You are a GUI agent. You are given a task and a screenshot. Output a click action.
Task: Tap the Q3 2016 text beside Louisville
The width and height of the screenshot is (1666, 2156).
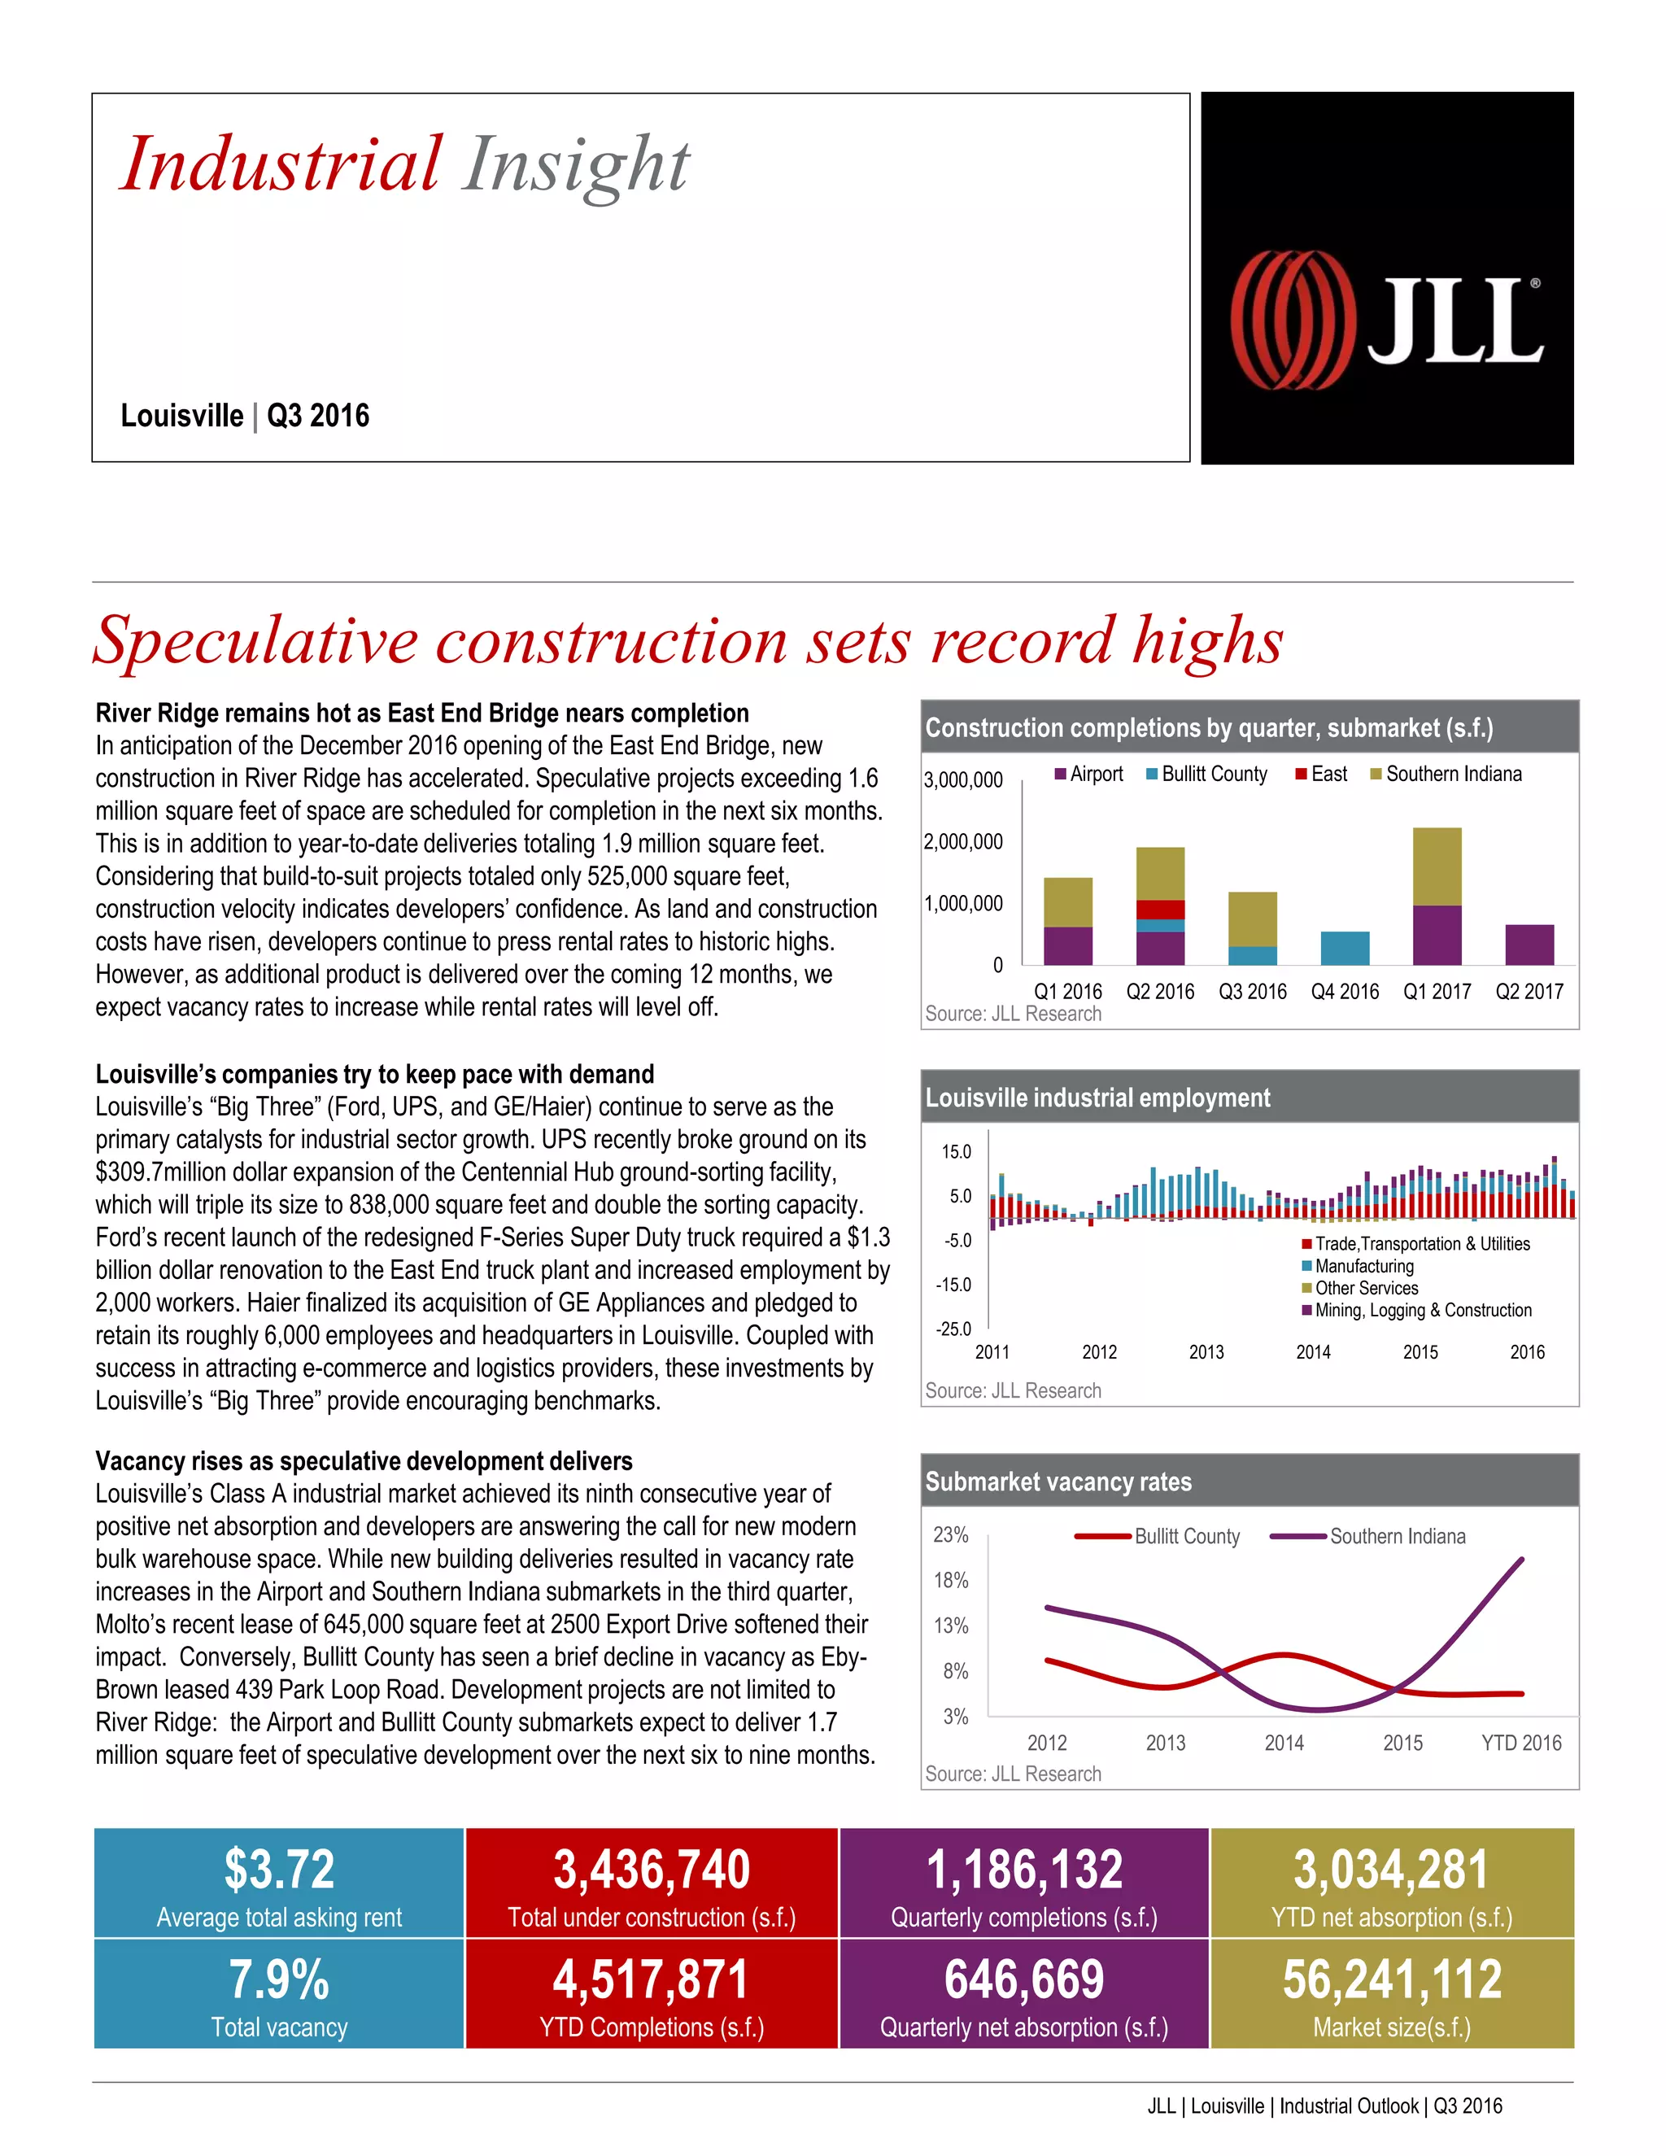(x=318, y=416)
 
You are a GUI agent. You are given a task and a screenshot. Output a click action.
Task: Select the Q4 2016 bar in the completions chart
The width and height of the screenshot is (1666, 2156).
(x=1344, y=948)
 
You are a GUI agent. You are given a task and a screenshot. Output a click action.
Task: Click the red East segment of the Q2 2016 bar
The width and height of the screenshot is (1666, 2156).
(x=1160, y=910)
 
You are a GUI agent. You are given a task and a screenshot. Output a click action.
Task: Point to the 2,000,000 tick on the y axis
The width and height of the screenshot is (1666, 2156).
(x=962, y=842)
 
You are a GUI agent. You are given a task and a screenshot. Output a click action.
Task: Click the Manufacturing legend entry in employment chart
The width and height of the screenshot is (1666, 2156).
(x=1363, y=1267)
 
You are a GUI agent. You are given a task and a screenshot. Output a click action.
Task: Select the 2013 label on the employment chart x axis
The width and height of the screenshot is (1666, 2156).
(x=1206, y=1352)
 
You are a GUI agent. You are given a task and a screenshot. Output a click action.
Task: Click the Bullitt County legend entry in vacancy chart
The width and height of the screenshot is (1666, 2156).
(x=1185, y=1536)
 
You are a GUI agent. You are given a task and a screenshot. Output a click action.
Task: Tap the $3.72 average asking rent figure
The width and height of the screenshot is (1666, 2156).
(x=279, y=1870)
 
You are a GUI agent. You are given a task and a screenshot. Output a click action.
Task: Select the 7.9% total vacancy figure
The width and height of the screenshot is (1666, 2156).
(x=279, y=1979)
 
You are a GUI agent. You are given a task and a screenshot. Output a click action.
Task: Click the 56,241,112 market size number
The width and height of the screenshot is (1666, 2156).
(x=1392, y=1979)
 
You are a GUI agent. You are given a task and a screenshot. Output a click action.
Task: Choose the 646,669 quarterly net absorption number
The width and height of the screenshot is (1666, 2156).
(x=1023, y=1979)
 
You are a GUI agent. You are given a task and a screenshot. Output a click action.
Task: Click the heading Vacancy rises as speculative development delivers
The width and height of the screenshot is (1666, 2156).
(x=364, y=1461)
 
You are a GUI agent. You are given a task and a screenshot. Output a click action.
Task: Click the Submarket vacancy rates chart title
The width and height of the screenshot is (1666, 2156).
(x=1058, y=1482)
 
